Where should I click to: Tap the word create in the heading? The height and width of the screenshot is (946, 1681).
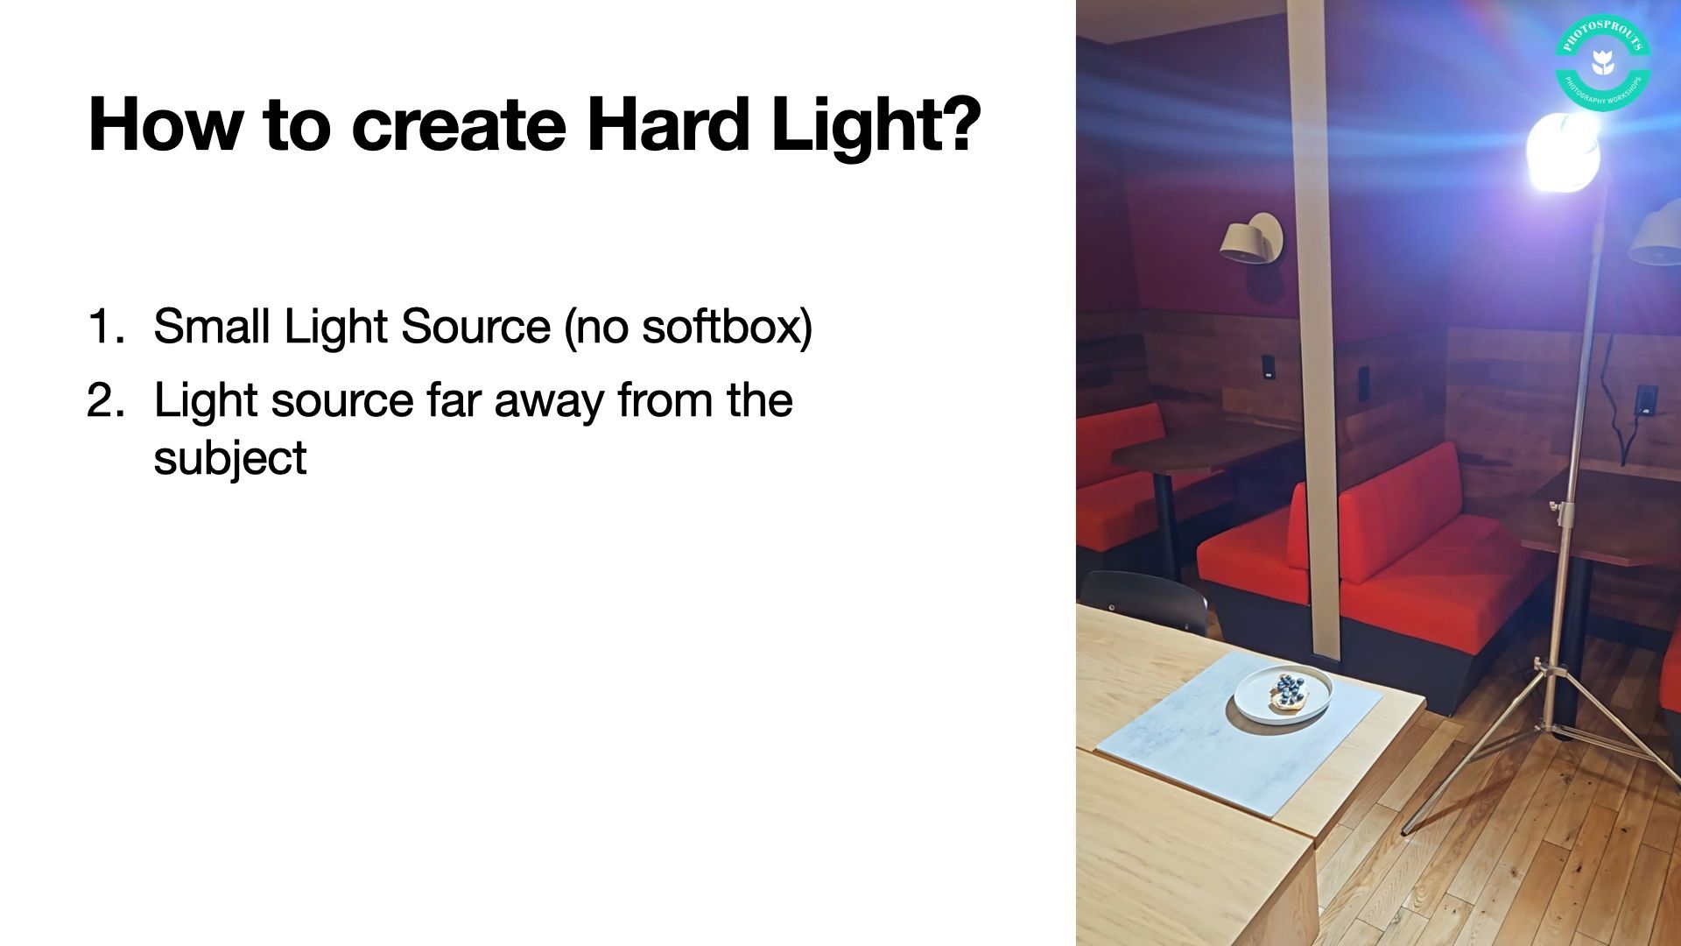(458, 126)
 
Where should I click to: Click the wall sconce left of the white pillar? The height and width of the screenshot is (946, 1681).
(1252, 236)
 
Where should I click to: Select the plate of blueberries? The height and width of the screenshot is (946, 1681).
(1284, 693)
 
